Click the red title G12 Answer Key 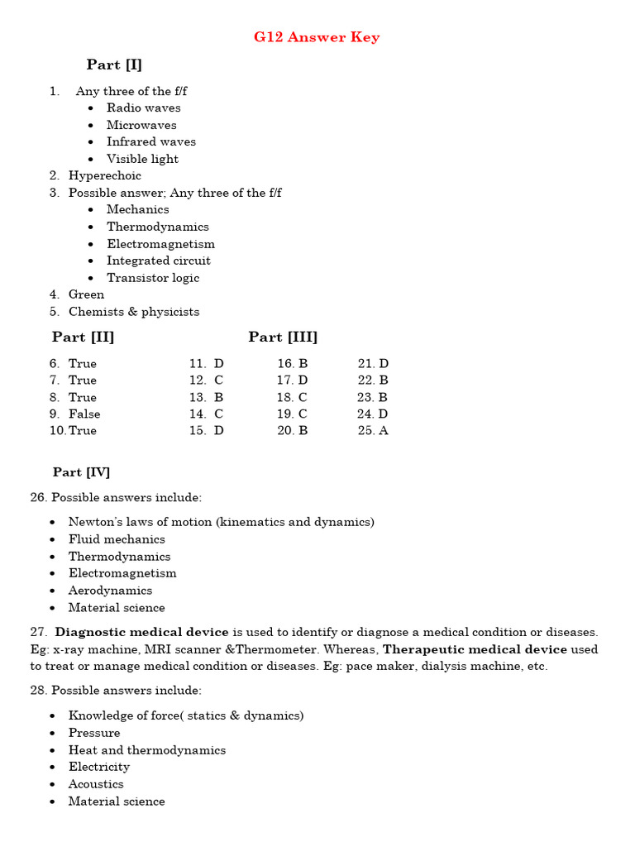point(317,37)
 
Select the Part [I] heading point(114,65)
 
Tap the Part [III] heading point(283,337)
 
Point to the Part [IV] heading point(81,472)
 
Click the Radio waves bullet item point(143,108)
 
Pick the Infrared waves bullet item point(150,141)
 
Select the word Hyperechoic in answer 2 point(104,175)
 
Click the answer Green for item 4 point(86,294)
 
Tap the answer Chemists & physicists point(133,312)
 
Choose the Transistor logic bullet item point(152,278)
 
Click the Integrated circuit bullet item point(158,261)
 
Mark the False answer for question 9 point(84,414)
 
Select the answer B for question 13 point(218,397)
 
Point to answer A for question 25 point(383,430)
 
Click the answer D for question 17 point(303,380)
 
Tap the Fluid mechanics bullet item point(117,539)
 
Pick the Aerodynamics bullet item point(110,591)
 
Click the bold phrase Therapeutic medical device point(475,649)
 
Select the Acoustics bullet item point(96,784)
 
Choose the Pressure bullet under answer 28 point(94,733)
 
